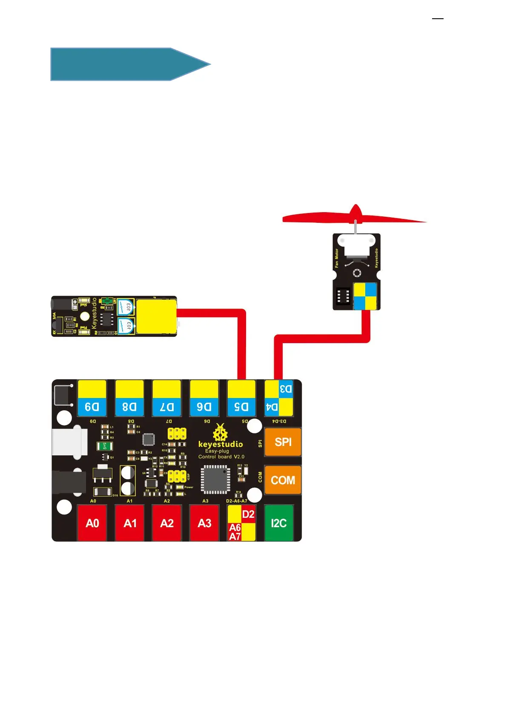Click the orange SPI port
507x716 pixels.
(x=283, y=442)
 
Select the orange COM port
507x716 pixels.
(x=283, y=480)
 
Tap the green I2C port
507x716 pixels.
(x=279, y=523)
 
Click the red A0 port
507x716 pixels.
(x=92, y=523)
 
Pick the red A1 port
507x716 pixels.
(x=130, y=523)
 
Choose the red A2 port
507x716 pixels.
(x=167, y=523)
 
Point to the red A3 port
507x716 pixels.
(x=204, y=523)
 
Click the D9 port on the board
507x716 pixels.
(x=92, y=398)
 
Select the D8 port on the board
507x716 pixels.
(x=129, y=398)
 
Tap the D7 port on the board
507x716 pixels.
(x=167, y=398)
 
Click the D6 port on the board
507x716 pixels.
(x=204, y=398)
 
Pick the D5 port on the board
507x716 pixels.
(x=241, y=398)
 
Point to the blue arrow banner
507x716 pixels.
(x=128, y=64)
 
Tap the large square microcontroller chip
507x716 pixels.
(x=215, y=479)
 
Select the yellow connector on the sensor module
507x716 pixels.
(x=156, y=316)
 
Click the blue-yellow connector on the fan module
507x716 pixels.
(x=365, y=296)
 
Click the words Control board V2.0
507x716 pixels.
(x=221, y=457)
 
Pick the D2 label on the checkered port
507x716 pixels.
(x=248, y=514)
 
